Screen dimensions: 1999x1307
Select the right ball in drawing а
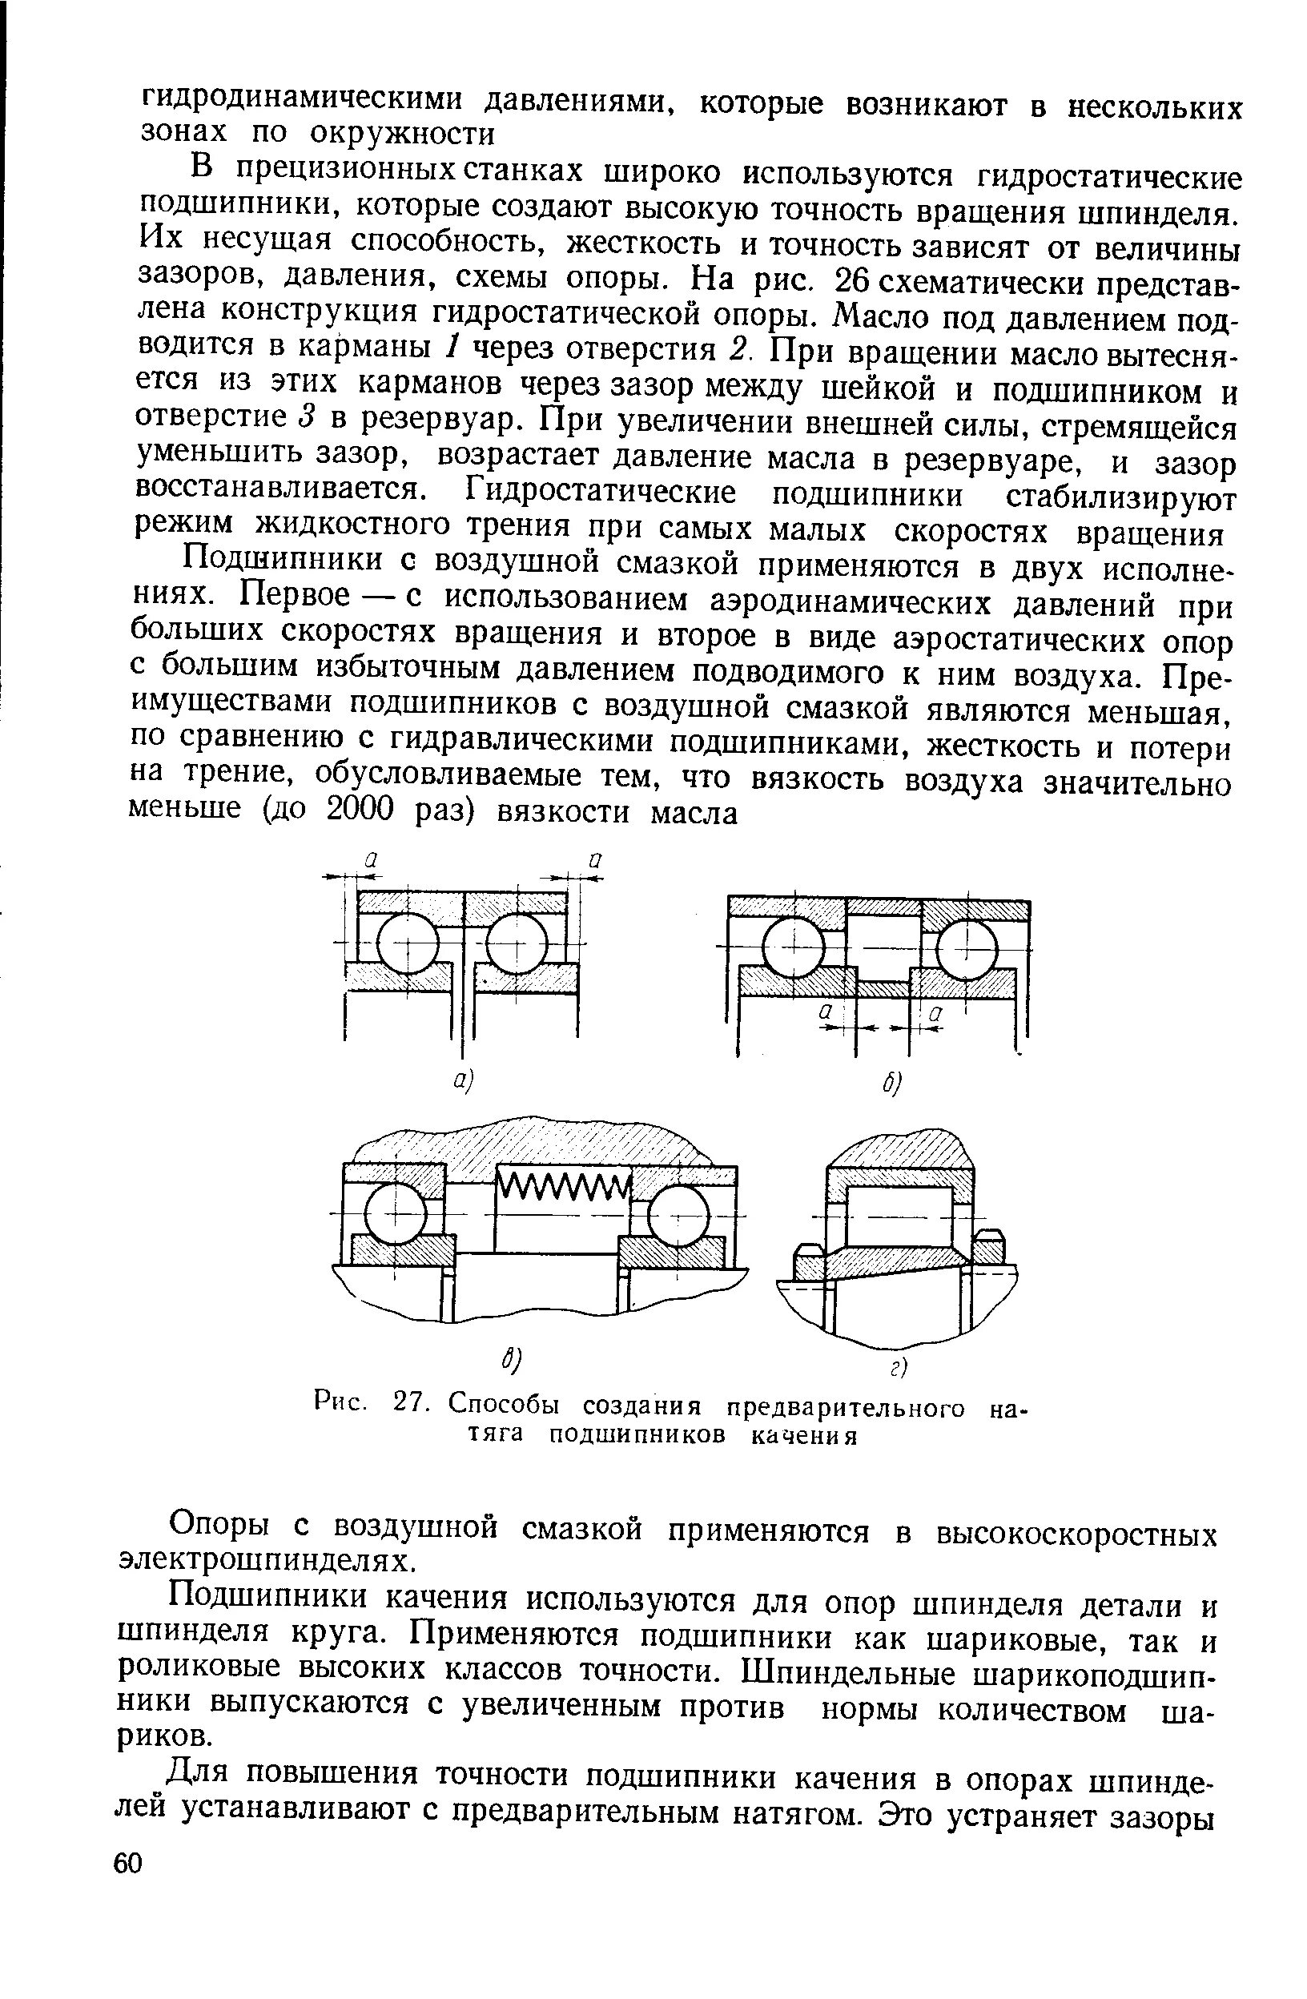(516, 943)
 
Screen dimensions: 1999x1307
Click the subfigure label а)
(464, 1081)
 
